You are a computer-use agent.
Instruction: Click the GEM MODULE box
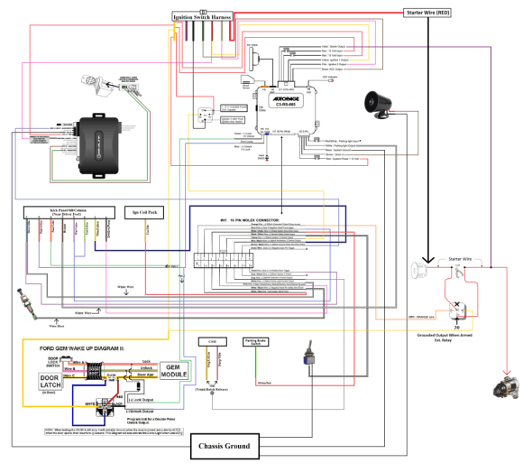click(174, 370)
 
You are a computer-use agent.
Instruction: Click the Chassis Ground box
click(226, 446)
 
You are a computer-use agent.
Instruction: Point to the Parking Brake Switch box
click(259, 343)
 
